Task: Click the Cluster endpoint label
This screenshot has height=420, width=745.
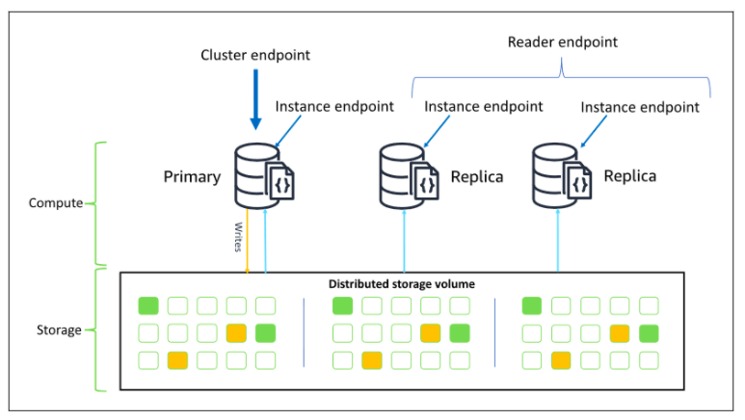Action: [x=255, y=56]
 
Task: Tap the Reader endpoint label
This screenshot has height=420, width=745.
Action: [x=562, y=42]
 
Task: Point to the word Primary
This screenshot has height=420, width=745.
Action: [x=193, y=177]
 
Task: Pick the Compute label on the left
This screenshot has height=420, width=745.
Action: [x=56, y=204]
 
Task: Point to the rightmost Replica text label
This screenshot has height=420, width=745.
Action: [x=629, y=177]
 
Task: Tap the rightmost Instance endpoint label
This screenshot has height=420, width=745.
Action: [x=640, y=107]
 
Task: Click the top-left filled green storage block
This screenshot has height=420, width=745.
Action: [x=148, y=306]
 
